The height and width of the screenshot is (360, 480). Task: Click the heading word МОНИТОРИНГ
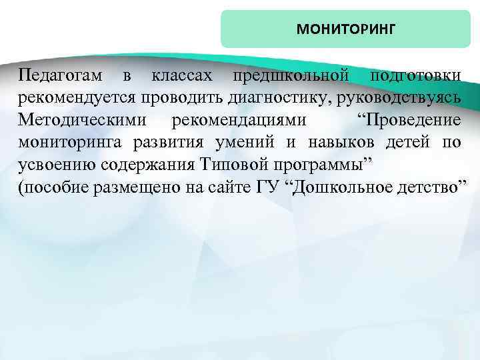coord(345,29)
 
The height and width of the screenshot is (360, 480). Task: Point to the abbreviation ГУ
coord(265,187)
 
